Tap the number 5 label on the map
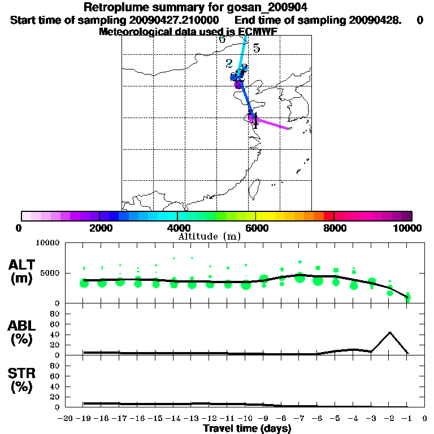coord(256,49)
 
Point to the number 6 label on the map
coord(222,40)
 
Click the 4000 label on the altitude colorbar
coord(177,228)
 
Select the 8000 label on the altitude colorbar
coord(334,228)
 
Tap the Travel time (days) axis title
coord(247,429)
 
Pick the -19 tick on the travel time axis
coord(83,419)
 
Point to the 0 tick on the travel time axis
coord(425,419)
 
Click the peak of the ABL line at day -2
coord(389,332)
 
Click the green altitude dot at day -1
coord(408,297)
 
